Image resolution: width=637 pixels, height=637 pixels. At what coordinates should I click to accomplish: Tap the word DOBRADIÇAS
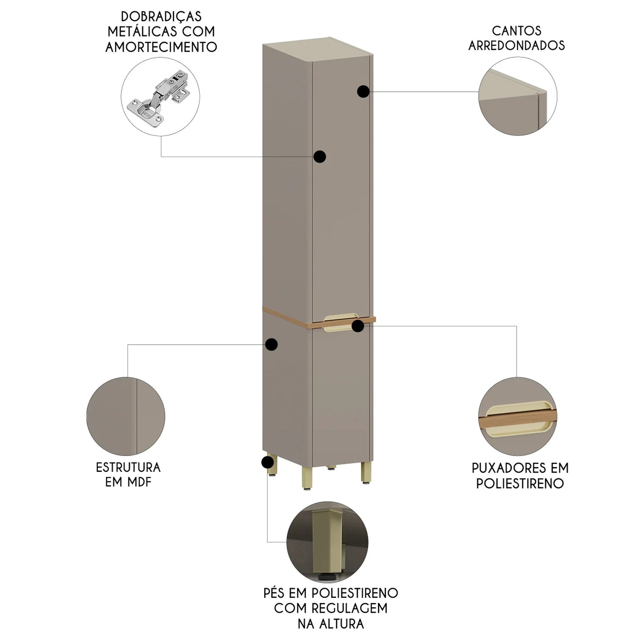pos(161,17)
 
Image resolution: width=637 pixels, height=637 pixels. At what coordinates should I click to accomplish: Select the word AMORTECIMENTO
pos(161,47)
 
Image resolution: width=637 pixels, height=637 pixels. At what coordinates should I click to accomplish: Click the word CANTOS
pos(517,31)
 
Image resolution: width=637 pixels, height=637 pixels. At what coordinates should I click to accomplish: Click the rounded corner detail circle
pos(518,96)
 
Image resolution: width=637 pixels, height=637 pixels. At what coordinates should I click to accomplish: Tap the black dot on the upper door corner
pos(363,91)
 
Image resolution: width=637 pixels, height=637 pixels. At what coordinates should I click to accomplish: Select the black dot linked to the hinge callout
pos(320,157)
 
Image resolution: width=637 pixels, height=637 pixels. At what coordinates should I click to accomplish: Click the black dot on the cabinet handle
pos(358,326)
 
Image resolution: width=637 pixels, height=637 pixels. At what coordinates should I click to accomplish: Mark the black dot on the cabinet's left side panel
pos(271,344)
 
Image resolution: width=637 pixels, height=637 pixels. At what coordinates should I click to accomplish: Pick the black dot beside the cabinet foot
pos(268,462)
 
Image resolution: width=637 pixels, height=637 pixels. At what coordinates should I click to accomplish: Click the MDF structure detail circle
pos(126,416)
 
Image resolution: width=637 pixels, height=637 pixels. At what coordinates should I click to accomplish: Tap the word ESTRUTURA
pos(128,468)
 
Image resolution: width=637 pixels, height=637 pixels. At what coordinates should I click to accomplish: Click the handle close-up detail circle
pos(518,417)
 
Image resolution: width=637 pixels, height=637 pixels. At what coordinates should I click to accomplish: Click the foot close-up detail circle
pos(327,542)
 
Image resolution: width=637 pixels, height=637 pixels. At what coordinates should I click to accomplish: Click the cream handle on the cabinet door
pos(341,323)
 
